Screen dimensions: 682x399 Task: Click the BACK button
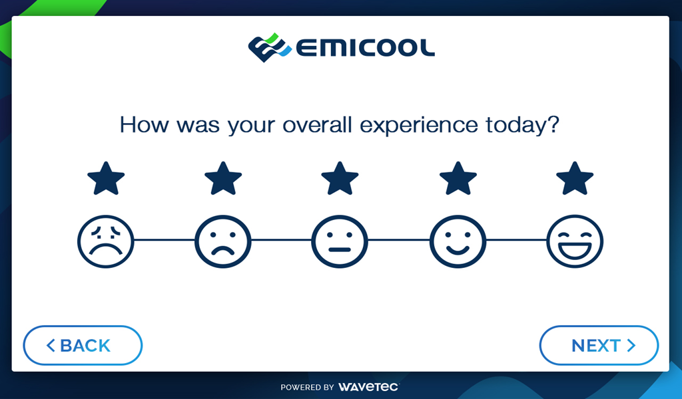tap(83, 345)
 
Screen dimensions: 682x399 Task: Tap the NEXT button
tap(599, 345)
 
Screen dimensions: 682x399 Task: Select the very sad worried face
tap(106, 241)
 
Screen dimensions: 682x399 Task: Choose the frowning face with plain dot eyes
tap(223, 241)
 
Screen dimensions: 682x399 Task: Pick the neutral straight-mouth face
tap(340, 241)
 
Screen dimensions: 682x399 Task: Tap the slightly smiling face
tap(458, 241)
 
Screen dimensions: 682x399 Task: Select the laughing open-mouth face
tap(575, 241)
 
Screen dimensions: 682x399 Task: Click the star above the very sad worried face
tap(106, 178)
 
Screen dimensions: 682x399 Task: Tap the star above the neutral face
tap(340, 178)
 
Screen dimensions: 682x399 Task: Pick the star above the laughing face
tap(575, 178)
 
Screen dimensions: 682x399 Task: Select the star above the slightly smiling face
tap(458, 178)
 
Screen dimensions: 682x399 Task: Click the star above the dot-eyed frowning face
tap(223, 178)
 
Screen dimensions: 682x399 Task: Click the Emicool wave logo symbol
tap(270, 47)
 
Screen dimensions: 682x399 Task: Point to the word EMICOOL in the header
tap(366, 48)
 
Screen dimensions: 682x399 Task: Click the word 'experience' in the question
tap(419, 126)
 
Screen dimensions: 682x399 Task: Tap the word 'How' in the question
tap(144, 124)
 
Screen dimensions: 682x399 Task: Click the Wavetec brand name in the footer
tap(368, 386)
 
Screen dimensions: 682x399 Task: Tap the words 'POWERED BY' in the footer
tap(307, 387)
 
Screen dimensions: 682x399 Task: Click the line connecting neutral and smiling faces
tap(399, 239)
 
